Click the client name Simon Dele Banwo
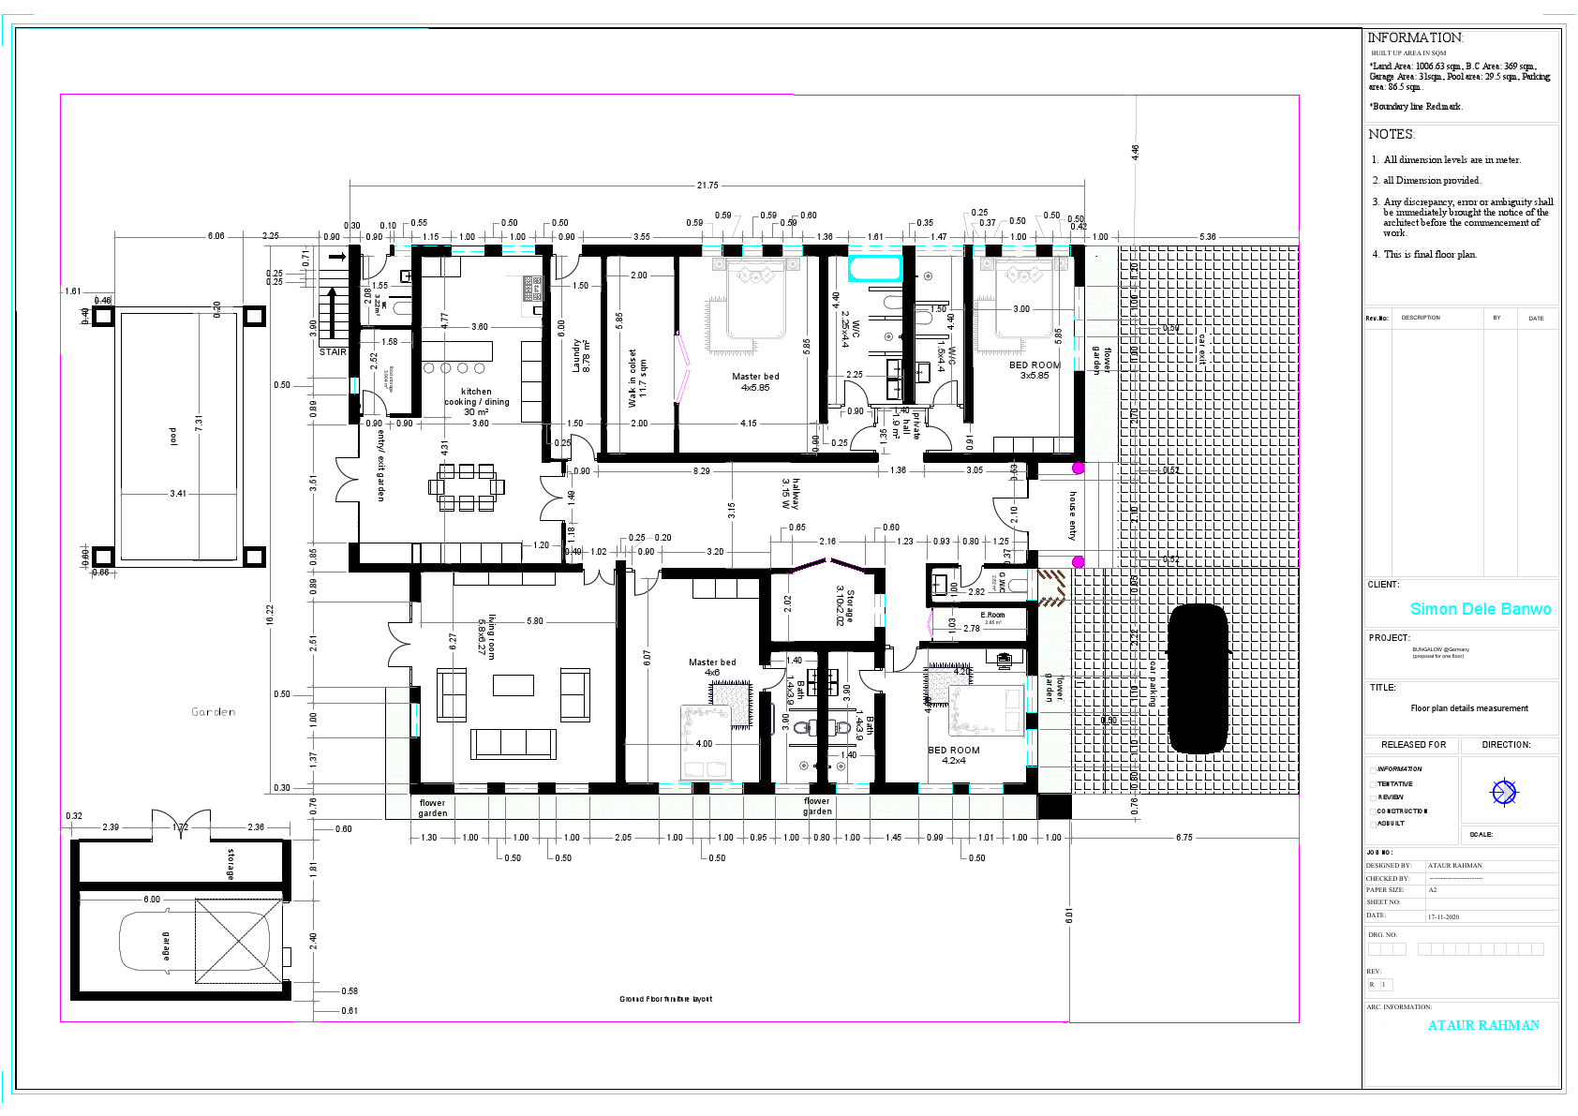click(1480, 609)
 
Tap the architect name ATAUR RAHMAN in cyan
click(1482, 1025)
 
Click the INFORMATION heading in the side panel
click(1414, 37)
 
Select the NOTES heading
click(1391, 134)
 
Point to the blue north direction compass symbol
click(1503, 793)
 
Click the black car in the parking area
click(1198, 677)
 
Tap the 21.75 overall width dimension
click(707, 186)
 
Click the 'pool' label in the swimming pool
click(172, 437)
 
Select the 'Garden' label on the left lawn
click(214, 712)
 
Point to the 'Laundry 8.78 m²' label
click(581, 356)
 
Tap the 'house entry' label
click(1073, 515)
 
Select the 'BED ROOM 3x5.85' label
click(1035, 370)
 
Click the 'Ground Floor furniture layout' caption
click(665, 999)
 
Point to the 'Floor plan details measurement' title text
click(1468, 708)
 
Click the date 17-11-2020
click(1443, 917)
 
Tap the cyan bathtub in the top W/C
click(875, 270)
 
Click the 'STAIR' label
click(333, 352)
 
